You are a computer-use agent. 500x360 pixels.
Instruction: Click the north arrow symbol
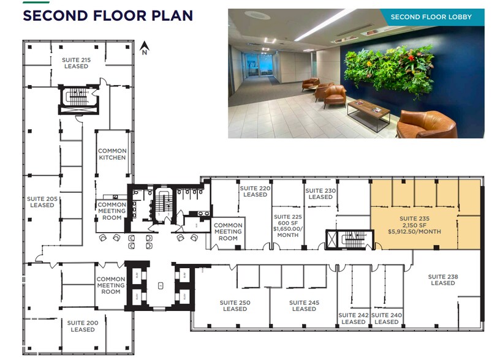click(144, 48)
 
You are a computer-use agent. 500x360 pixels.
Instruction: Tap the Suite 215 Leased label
click(76, 62)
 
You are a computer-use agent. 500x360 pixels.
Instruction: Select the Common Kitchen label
click(112, 154)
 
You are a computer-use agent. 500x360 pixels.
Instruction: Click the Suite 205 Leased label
click(42, 201)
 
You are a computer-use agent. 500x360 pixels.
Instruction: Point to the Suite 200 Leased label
click(83, 326)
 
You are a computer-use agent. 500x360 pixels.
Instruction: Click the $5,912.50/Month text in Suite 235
click(415, 231)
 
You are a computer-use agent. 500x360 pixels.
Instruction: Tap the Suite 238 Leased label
click(442, 280)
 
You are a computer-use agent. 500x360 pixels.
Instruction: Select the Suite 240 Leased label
click(387, 318)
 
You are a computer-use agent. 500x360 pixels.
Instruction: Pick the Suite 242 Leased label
click(354, 318)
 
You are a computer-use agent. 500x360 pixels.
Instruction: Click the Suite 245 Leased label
click(304, 306)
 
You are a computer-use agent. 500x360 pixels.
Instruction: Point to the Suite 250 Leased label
click(235, 306)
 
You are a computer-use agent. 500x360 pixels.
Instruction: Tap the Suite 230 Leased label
click(320, 193)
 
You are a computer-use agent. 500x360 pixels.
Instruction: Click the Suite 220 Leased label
click(255, 191)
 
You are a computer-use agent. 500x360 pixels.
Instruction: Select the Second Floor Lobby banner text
click(431, 17)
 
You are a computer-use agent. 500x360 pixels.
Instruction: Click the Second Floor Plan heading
click(108, 15)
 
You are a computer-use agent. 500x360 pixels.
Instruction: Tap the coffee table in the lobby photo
click(369, 110)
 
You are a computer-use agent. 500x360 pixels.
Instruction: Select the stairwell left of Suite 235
click(350, 240)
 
